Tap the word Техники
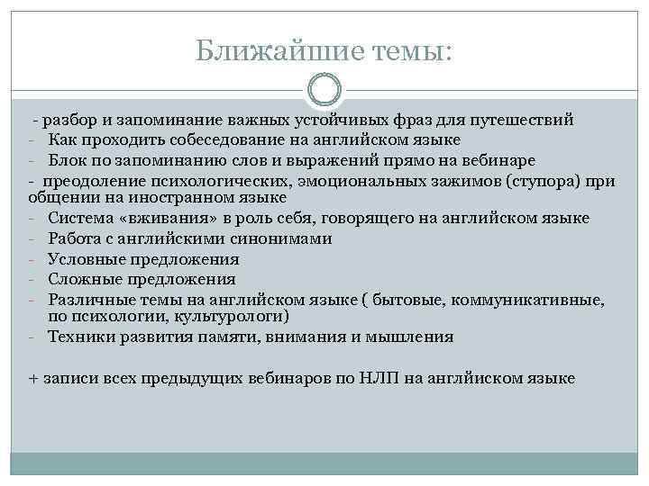[79, 337]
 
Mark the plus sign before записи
[33, 378]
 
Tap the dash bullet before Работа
[32, 238]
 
